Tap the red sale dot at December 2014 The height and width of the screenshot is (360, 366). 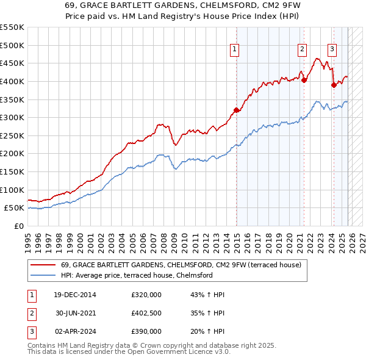236,110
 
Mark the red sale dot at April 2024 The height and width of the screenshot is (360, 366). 334,85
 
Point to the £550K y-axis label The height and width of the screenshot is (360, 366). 12,27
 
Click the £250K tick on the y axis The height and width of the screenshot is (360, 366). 12,135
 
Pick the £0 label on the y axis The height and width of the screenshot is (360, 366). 19,226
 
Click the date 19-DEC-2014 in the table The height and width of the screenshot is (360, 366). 75,295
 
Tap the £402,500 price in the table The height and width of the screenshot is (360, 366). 146,313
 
